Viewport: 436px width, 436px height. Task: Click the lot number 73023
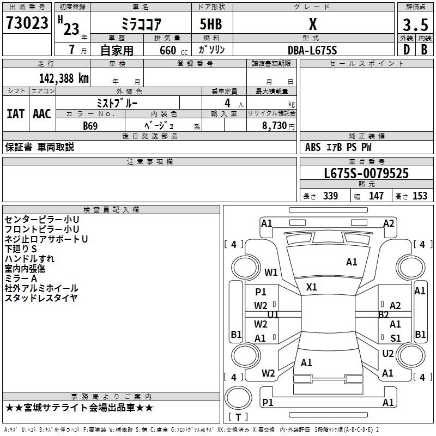tap(27, 23)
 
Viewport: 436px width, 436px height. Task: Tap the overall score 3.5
tap(415, 25)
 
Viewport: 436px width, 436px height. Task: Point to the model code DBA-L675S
tap(312, 50)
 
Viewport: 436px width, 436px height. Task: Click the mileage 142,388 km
tap(64, 78)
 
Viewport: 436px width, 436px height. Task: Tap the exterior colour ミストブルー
tap(117, 103)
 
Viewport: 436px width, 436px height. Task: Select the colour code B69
tap(90, 126)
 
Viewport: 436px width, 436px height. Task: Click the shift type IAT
tap(15, 114)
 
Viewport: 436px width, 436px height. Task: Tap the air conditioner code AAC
tap(41, 114)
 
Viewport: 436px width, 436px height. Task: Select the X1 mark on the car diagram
tap(312, 287)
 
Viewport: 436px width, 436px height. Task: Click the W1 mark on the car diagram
tap(271, 272)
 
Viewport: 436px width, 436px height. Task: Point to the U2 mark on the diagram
tap(387, 354)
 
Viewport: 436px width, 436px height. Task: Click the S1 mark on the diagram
tap(396, 338)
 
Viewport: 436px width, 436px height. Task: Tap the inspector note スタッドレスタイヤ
tap(41, 298)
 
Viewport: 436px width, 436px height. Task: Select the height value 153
tap(420, 196)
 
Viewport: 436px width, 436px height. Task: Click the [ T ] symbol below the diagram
tap(238, 417)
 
